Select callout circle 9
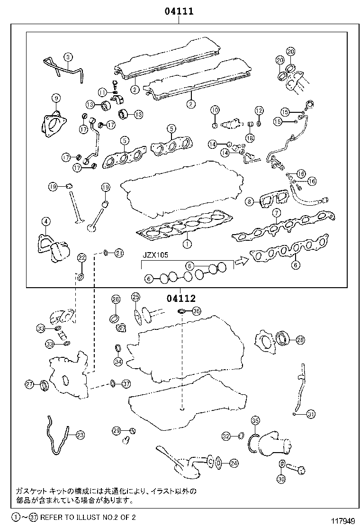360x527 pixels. pos(56,98)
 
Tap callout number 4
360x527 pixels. pos(45,221)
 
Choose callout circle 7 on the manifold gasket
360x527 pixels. pos(276,213)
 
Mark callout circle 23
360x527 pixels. pos(80,434)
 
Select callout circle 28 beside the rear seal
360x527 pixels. pos(300,340)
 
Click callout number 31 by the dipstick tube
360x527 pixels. pos(310,414)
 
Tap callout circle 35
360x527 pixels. pos(255,420)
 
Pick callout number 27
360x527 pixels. pos(29,384)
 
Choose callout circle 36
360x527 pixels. pos(196,311)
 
